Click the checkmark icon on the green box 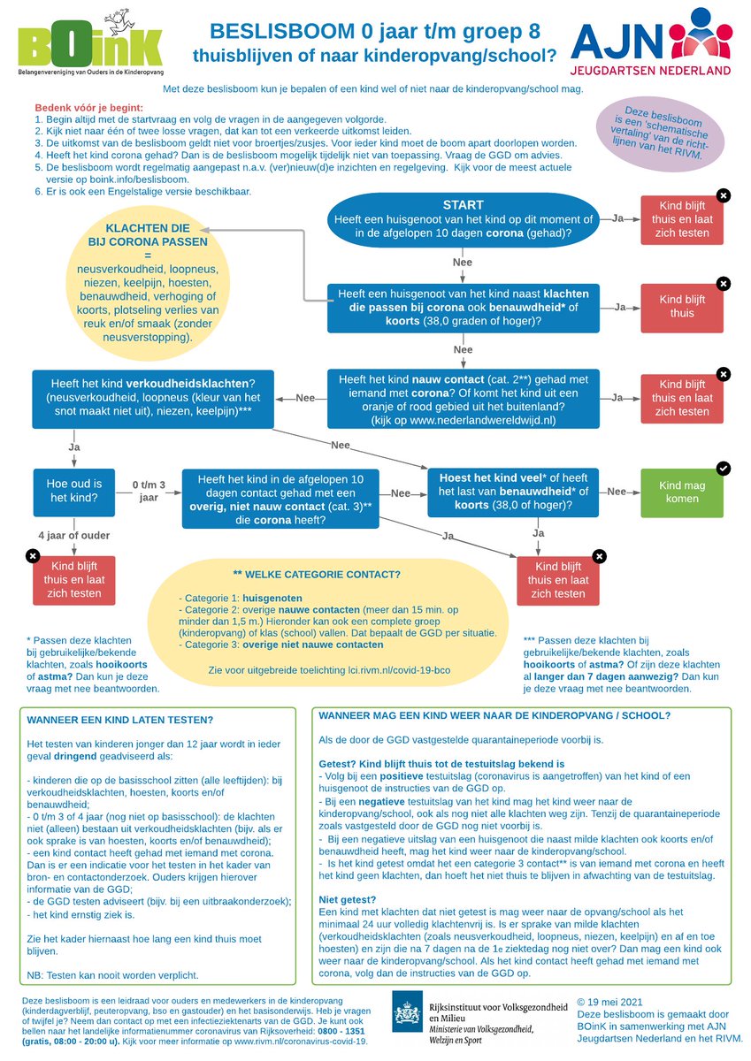click(x=723, y=468)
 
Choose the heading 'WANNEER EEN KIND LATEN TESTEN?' click(x=120, y=720)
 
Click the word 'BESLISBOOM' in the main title click(x=280, y=32)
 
